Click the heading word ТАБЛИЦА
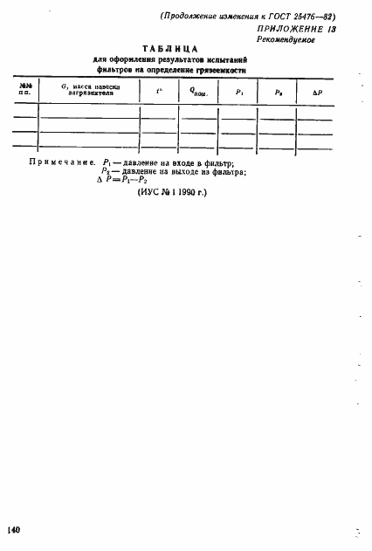tap(171, 48)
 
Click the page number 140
tap(13, 530)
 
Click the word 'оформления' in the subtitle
tap(127, 59)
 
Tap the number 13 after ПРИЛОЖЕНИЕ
tap(331, 28)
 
